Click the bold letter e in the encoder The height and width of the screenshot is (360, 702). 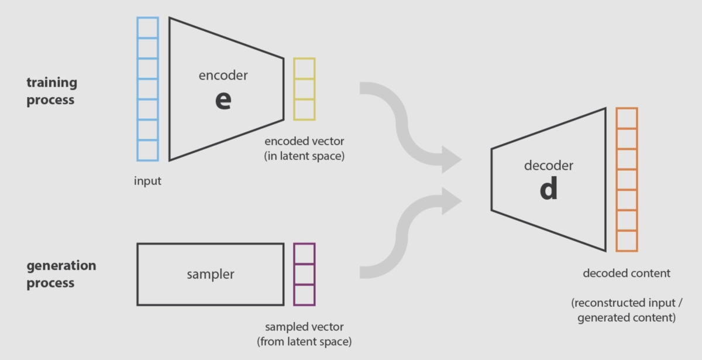(223, 100)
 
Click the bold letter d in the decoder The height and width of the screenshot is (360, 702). (548, 188)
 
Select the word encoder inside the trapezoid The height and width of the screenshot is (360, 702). (223, 75)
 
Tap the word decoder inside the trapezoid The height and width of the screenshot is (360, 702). (548, 166)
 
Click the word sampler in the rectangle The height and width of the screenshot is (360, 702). (211, 274)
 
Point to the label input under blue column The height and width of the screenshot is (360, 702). (147, 181)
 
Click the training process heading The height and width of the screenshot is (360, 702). (51, 91)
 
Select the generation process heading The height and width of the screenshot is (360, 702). (61, 274)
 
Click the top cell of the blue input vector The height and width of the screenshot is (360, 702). (147, 28)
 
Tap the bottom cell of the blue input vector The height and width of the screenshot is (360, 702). (147, 150)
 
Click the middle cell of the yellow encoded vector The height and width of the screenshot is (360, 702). (304, 89)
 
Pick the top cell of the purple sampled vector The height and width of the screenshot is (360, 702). (304, 253)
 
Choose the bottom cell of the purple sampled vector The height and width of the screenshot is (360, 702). (304, 294)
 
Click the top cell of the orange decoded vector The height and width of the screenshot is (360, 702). (627, 118)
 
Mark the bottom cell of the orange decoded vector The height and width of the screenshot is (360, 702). (627, 241)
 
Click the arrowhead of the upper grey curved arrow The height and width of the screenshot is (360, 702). (451, 158)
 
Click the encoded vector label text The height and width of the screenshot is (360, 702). (304, 148)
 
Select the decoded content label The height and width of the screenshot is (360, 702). (627, 273)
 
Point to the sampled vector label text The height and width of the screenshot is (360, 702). (304, 334)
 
